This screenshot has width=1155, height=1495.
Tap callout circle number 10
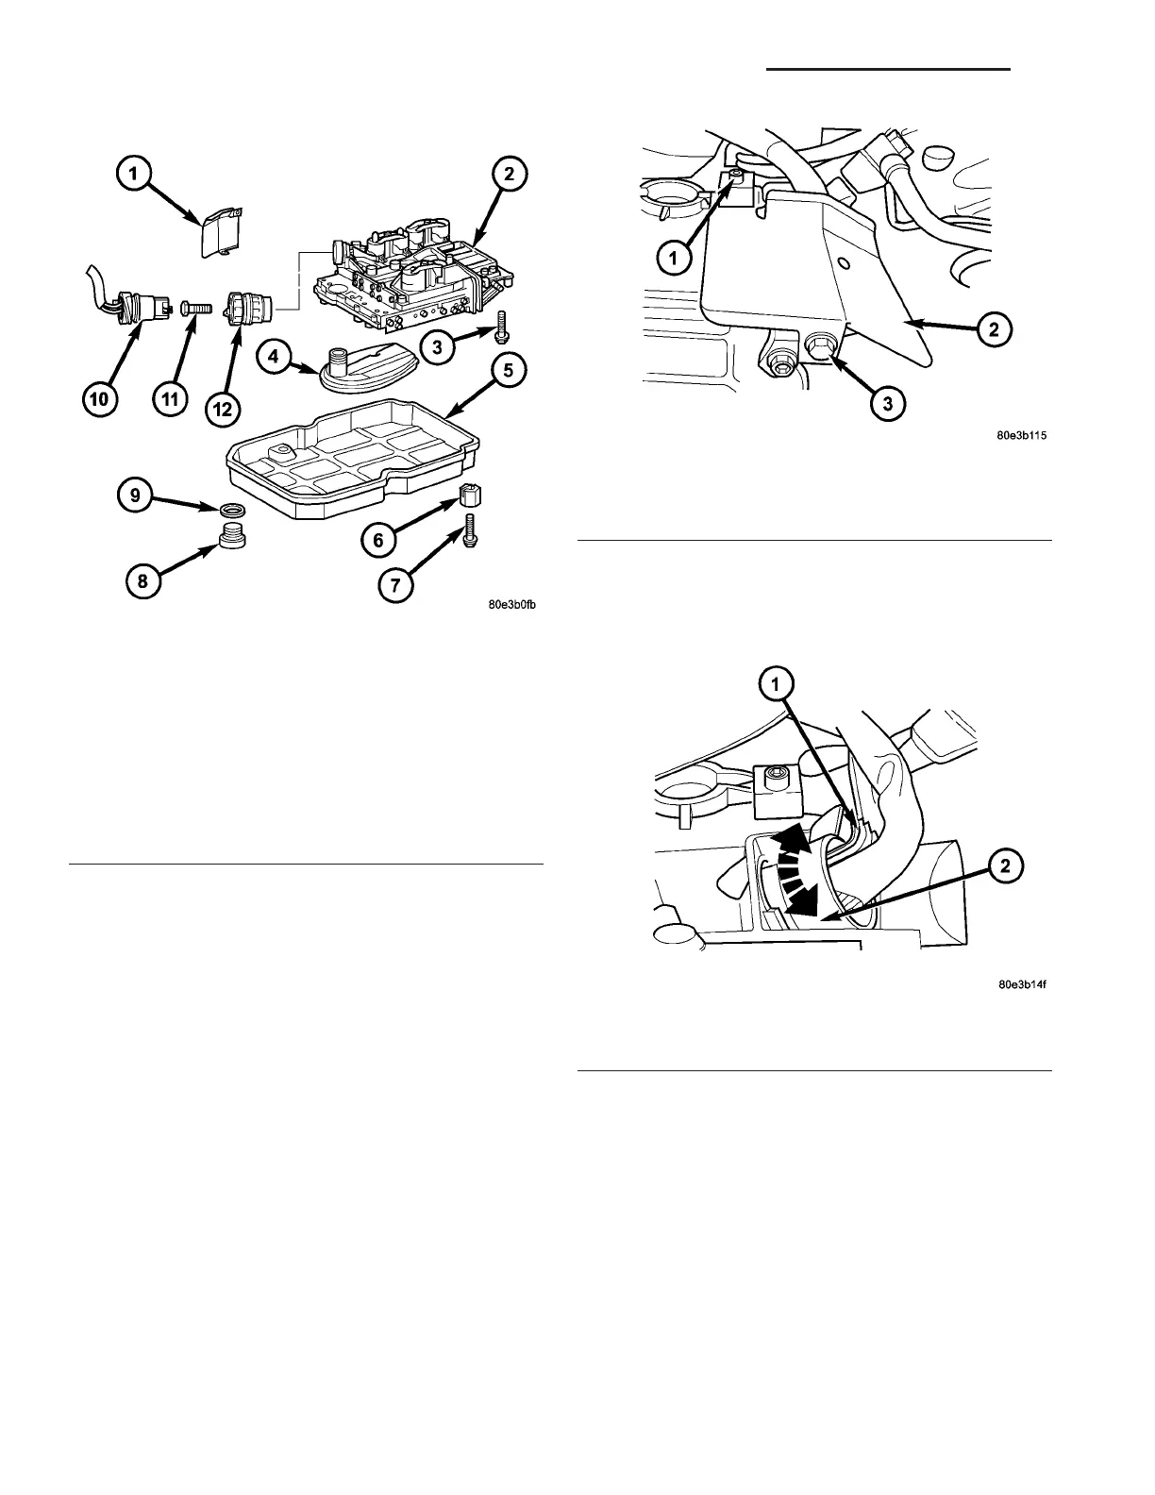[x=100, y=400]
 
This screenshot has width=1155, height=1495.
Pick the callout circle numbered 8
[x=142, y=582]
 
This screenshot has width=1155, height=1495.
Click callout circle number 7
[x=394, y=586]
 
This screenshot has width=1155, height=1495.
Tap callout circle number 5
[x=507, y=371]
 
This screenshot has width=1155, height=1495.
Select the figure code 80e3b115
[x=1023, y=436]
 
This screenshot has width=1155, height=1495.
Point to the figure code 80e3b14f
[x=1023, y=985]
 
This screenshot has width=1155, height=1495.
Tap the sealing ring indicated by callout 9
[x=228, y=511]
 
